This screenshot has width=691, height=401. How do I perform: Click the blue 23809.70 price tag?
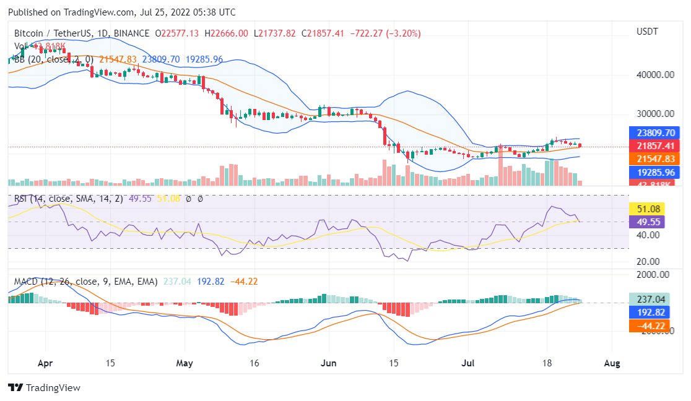[x=654, y=132]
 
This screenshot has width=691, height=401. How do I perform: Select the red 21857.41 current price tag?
[x=654, y=145]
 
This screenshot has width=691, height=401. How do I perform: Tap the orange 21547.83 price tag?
[x=654, y=159]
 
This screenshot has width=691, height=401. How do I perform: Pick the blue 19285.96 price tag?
[x=654, y=172]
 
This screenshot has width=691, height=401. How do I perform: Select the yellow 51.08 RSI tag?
[x=646, y=209]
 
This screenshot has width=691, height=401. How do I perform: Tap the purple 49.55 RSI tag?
[x=646, y=222]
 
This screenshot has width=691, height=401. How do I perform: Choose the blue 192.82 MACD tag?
[x=649, y=313]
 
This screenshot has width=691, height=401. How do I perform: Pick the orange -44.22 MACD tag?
[x=649, y=326]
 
